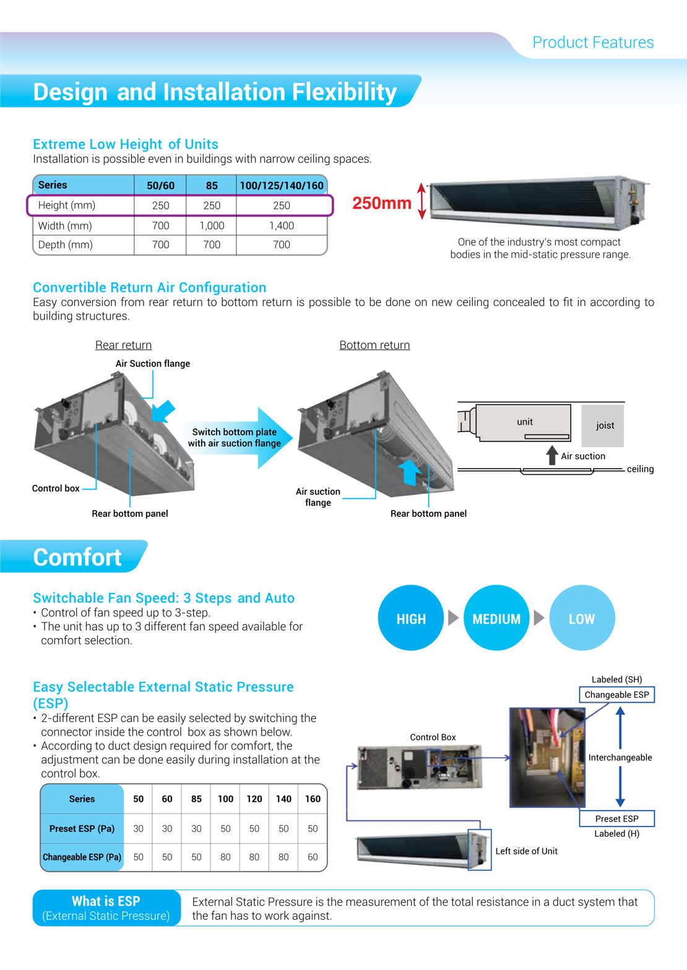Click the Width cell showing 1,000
[212, 226]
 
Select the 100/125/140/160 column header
[282, 185]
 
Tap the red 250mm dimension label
[381, 203]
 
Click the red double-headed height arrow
[422, 201]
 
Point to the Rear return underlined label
[123, 345]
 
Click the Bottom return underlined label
[374, 345]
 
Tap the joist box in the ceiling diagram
[603, 425]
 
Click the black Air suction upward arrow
[552, 455]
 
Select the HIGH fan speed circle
[411, 618]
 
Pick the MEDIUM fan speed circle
[496, 618]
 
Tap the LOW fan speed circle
[582, 618]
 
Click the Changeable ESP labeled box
[616, 695]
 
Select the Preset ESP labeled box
[616, 819]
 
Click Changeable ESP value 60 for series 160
[313, 857]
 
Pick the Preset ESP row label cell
[82, 828]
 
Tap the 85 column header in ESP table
[196, 799]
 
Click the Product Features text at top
[593, 42]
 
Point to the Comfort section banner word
[77, 557]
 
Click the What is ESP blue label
[106, 908]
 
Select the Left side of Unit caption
[526, 851]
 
